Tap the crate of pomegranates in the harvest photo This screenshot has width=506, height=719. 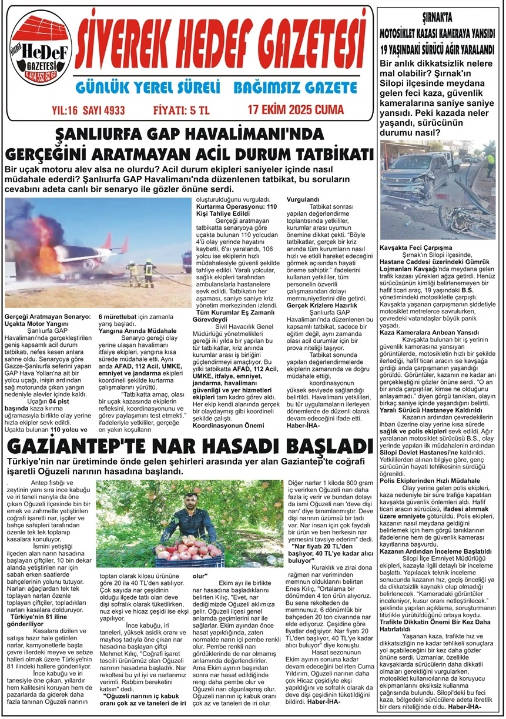click(189, 554)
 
